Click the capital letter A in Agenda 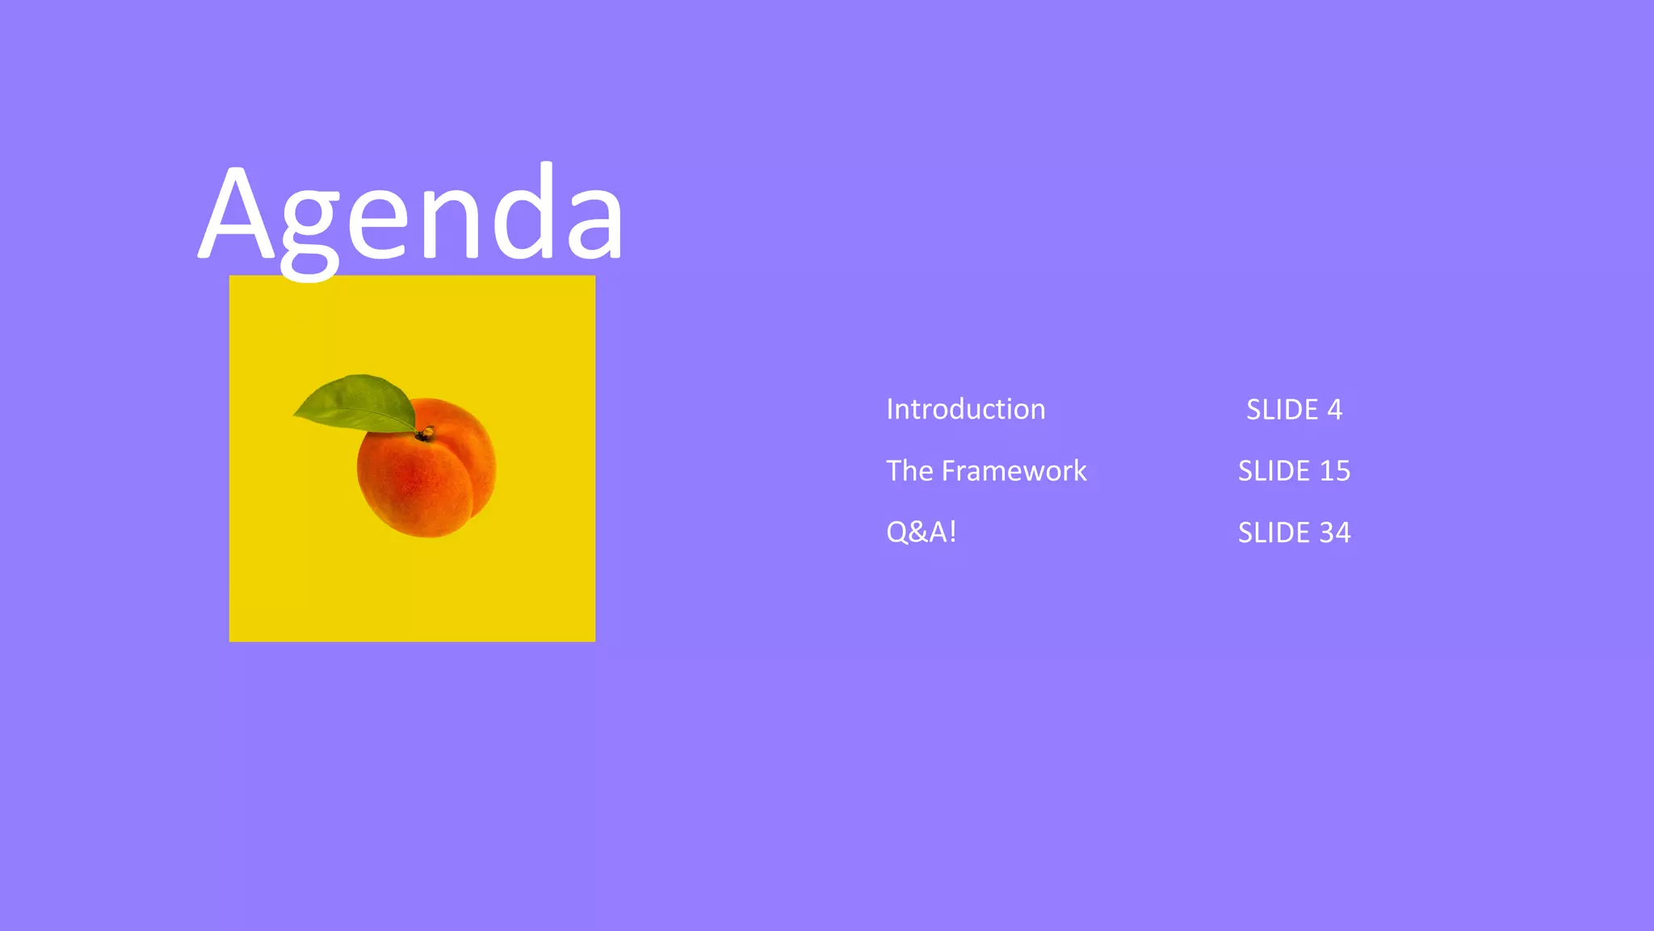pyautogui.click(x=237, y=214)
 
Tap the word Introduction pyautogui.click(x=965, y=409)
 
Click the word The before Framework pyautogui.click(x=909, y=470)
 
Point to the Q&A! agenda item pyautogui.click(x=921, y=532)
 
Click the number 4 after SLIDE pyautogui.click(x=1334, y=410)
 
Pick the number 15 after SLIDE pyautogui.click(x=1334, y=471)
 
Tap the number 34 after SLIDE pyautogui.click(x=1334, y=533)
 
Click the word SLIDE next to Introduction pyautogui.click(x=1282, y=410)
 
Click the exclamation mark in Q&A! pyautogui.click(x=953, y=532)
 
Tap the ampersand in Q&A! pyautogui.click(x=918, y=533)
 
